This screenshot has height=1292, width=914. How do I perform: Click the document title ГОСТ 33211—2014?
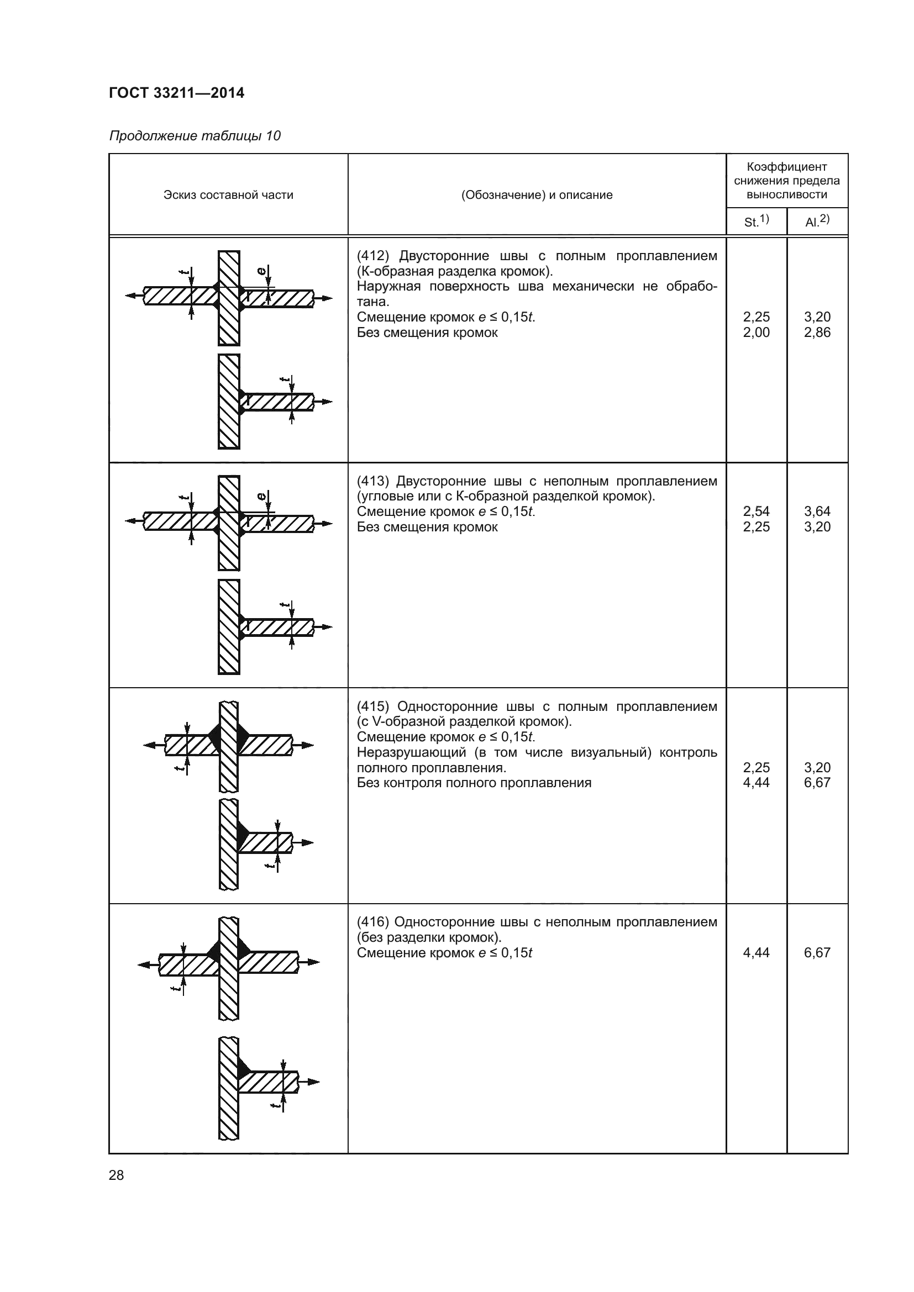click(x=176, y=93)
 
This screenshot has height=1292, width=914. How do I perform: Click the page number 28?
click(x=117, y=1175)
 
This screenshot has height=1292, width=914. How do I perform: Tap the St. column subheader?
click(x=756, y=221)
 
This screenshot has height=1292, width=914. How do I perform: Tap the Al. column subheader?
click(x=817, y=221)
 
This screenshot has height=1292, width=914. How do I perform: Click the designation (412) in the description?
click(x=372, y=256)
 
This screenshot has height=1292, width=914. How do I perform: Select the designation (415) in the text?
click(x=372, y=706)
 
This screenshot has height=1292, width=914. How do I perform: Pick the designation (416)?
click(x=372, y=922)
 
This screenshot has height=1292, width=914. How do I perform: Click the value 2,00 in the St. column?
click(x=756, y=333)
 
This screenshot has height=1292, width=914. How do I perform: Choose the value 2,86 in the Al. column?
click(x=817, y=333)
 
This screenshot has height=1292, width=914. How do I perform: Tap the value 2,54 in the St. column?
click(x=756, y=511)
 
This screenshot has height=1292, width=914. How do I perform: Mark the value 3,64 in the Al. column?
click(x=817, y=511)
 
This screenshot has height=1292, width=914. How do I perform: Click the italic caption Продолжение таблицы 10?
click(x=195, y=136)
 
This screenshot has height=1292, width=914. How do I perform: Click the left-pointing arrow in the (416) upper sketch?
click(x=145, y=964)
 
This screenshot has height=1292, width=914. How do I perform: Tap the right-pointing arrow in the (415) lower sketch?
click(x=306, y=842)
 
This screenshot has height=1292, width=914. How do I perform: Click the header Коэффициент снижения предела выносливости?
click(x=786, y=181)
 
